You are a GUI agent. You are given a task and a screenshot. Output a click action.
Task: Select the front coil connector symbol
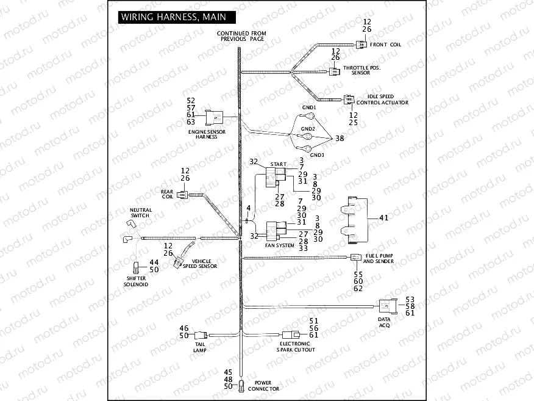[x=362, y=45]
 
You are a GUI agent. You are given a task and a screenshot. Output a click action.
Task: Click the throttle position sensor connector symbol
[x=335, y=71]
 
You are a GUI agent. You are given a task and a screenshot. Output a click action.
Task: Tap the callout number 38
[x=340, y=139]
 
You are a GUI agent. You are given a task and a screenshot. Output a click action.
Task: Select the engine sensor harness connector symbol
[x=215, y=117]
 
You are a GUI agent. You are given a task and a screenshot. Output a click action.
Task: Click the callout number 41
[x=383, y=217]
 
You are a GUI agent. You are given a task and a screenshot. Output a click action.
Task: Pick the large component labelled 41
[x=355, y=217]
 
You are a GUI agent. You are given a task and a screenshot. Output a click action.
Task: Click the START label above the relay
[x=278, y=164]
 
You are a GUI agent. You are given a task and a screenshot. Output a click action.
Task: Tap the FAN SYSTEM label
[x=280, y=245]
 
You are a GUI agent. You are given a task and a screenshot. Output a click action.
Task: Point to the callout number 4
[x=249, y=208]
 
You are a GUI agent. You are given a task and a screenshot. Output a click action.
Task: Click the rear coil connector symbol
[x=183, y=195]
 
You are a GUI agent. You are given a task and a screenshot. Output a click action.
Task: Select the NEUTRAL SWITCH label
[x=141, y=212]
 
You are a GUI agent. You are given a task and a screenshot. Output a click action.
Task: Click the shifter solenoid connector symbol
[x=136, y=266]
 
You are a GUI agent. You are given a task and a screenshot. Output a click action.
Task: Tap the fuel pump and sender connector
[x=356, y=258]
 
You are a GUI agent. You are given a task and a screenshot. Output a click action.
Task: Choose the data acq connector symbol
[x=387, y=306]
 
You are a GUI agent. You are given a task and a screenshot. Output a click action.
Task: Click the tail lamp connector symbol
[x=201, y=334]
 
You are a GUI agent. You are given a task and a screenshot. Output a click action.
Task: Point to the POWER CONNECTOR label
[x=263, y=386]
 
